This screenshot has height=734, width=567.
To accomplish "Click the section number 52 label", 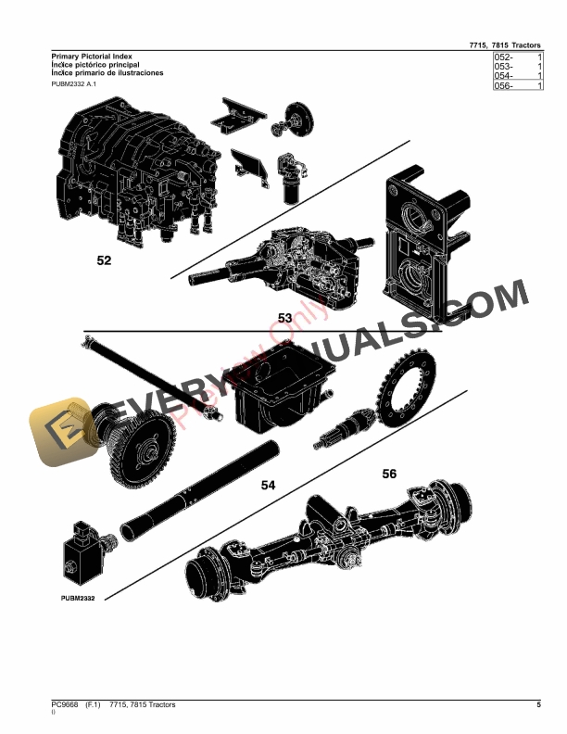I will [104, 261].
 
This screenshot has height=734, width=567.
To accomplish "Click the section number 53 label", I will [285, 318].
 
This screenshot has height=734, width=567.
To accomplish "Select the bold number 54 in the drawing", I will [268, 485].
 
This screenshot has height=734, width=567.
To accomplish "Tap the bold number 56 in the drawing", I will [389, 474].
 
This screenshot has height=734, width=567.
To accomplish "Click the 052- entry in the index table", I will [504, 58].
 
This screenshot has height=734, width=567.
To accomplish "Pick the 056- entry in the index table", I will [504, 86].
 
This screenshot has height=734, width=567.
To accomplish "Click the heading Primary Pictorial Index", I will [89, 57].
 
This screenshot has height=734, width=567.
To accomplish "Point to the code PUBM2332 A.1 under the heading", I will [72, 84].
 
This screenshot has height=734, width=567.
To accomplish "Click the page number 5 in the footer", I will [538, 706].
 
